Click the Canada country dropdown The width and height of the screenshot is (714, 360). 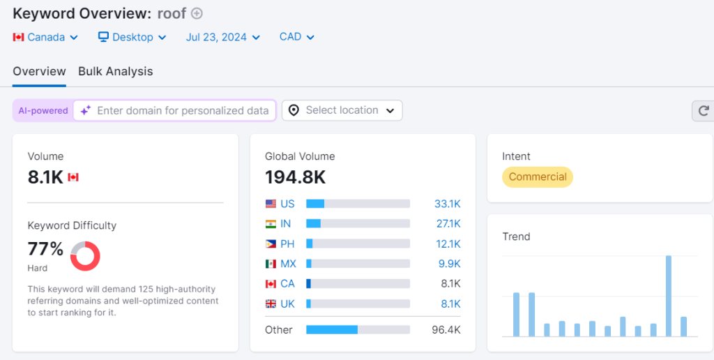45,37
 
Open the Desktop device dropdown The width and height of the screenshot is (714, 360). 132,37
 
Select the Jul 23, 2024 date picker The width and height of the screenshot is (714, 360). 222,37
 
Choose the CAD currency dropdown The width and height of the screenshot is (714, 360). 296,37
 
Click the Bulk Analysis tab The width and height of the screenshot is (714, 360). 115,71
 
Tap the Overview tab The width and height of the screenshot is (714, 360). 39,71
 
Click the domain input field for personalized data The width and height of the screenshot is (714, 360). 182,110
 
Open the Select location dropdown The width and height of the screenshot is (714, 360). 342,110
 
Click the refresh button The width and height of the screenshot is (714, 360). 703,110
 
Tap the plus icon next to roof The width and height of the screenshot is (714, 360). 197,13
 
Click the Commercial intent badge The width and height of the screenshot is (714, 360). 537,177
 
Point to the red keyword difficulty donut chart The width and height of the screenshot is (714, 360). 85,256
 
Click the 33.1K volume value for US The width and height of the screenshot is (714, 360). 446,204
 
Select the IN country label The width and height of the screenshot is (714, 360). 286,224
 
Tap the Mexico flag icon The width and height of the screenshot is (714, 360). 271,264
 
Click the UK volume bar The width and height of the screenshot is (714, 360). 358,304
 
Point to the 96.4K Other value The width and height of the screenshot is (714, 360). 446,329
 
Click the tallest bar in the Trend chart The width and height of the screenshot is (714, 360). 668,296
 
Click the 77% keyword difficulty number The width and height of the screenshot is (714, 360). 45,248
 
